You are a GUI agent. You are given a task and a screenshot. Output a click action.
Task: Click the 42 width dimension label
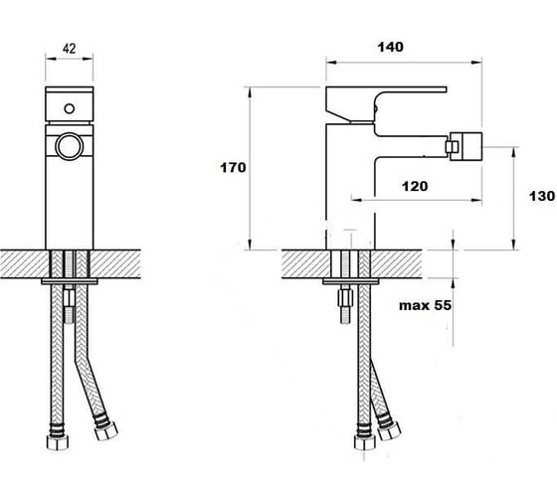[70, 49]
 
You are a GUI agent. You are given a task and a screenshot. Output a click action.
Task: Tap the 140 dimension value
[390, 47]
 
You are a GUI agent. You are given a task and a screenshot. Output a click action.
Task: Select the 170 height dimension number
[233, 168]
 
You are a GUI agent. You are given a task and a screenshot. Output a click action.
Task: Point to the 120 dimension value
[415, 186]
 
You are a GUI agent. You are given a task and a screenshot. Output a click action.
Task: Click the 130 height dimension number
[542, 196]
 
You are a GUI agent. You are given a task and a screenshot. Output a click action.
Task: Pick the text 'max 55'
[426, 305]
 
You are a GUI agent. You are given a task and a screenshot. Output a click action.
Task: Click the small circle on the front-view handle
[70, 108]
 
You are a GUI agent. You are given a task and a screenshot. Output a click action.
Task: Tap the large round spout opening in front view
[70, 146]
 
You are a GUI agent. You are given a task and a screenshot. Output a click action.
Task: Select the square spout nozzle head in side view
[465, 146]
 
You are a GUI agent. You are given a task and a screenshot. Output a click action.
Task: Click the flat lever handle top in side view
[386, 89]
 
